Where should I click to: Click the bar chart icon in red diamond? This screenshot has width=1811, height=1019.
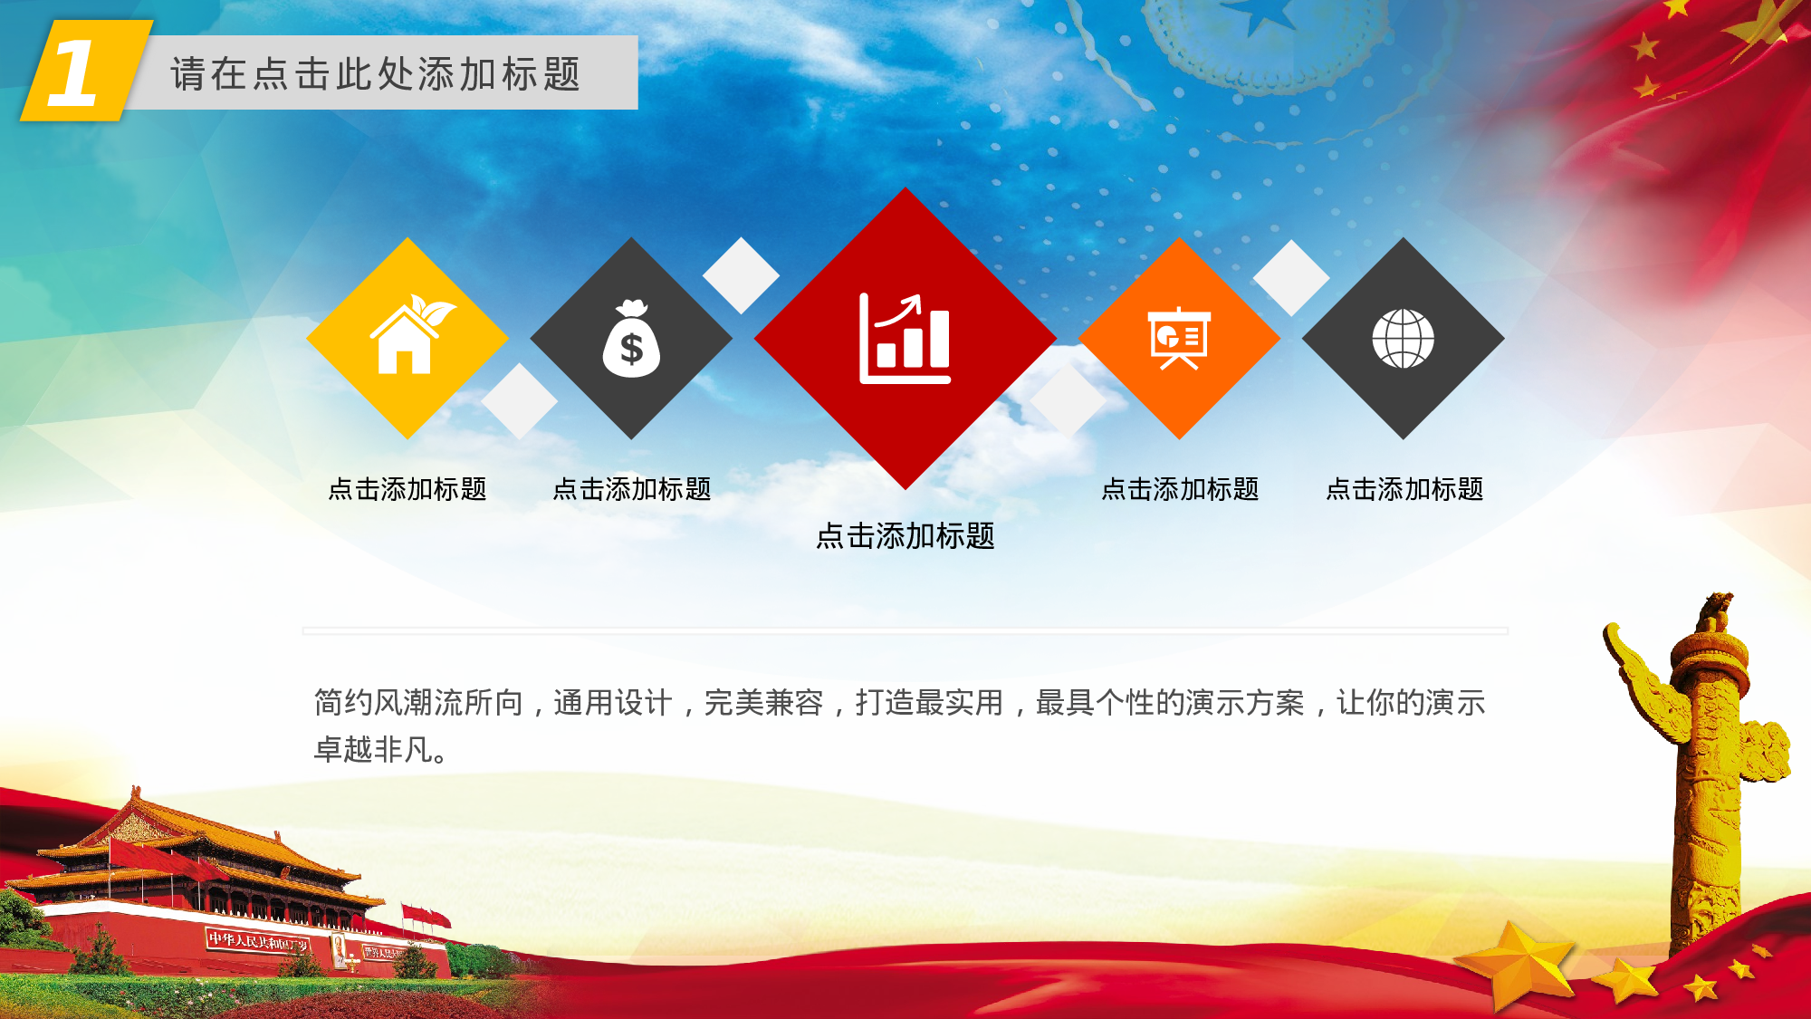[x=905, y=339]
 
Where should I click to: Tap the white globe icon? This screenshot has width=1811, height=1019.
[x=1403, y=339]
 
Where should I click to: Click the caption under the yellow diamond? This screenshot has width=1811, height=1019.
[x=407, y=489]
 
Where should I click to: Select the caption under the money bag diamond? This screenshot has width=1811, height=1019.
[x=632, y=489]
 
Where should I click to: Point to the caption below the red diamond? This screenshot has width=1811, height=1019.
[x=905, y=536]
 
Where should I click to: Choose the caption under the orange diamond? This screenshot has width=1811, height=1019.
[x=1180, y=489]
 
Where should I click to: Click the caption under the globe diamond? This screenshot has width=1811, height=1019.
[x=1404, y=489]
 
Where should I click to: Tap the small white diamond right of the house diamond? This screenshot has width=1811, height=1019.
[x=519, y=401]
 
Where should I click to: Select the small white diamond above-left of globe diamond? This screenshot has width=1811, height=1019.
[x=1290, y=278]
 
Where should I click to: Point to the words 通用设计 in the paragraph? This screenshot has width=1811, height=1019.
[x=613, y=703]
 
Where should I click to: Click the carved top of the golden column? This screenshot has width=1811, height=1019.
[x=1714, y=616]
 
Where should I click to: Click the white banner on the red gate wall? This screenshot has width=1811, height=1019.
[x=258, y=941]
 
